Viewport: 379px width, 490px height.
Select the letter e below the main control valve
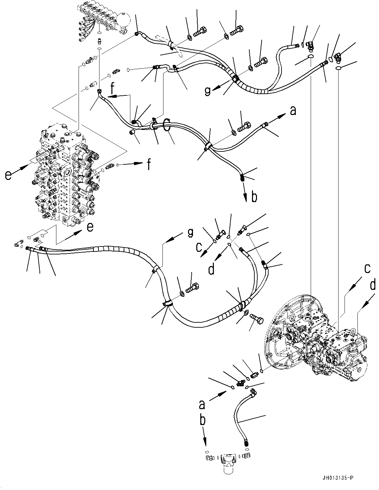click(x=90, y=227)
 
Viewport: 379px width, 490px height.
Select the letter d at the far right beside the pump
click(x=373, y=285)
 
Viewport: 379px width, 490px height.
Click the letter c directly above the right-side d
click(x=367, y=269)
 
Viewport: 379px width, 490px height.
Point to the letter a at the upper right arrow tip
click(x=293, y=111)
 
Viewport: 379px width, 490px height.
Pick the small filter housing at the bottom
click(x=227, y=460)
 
